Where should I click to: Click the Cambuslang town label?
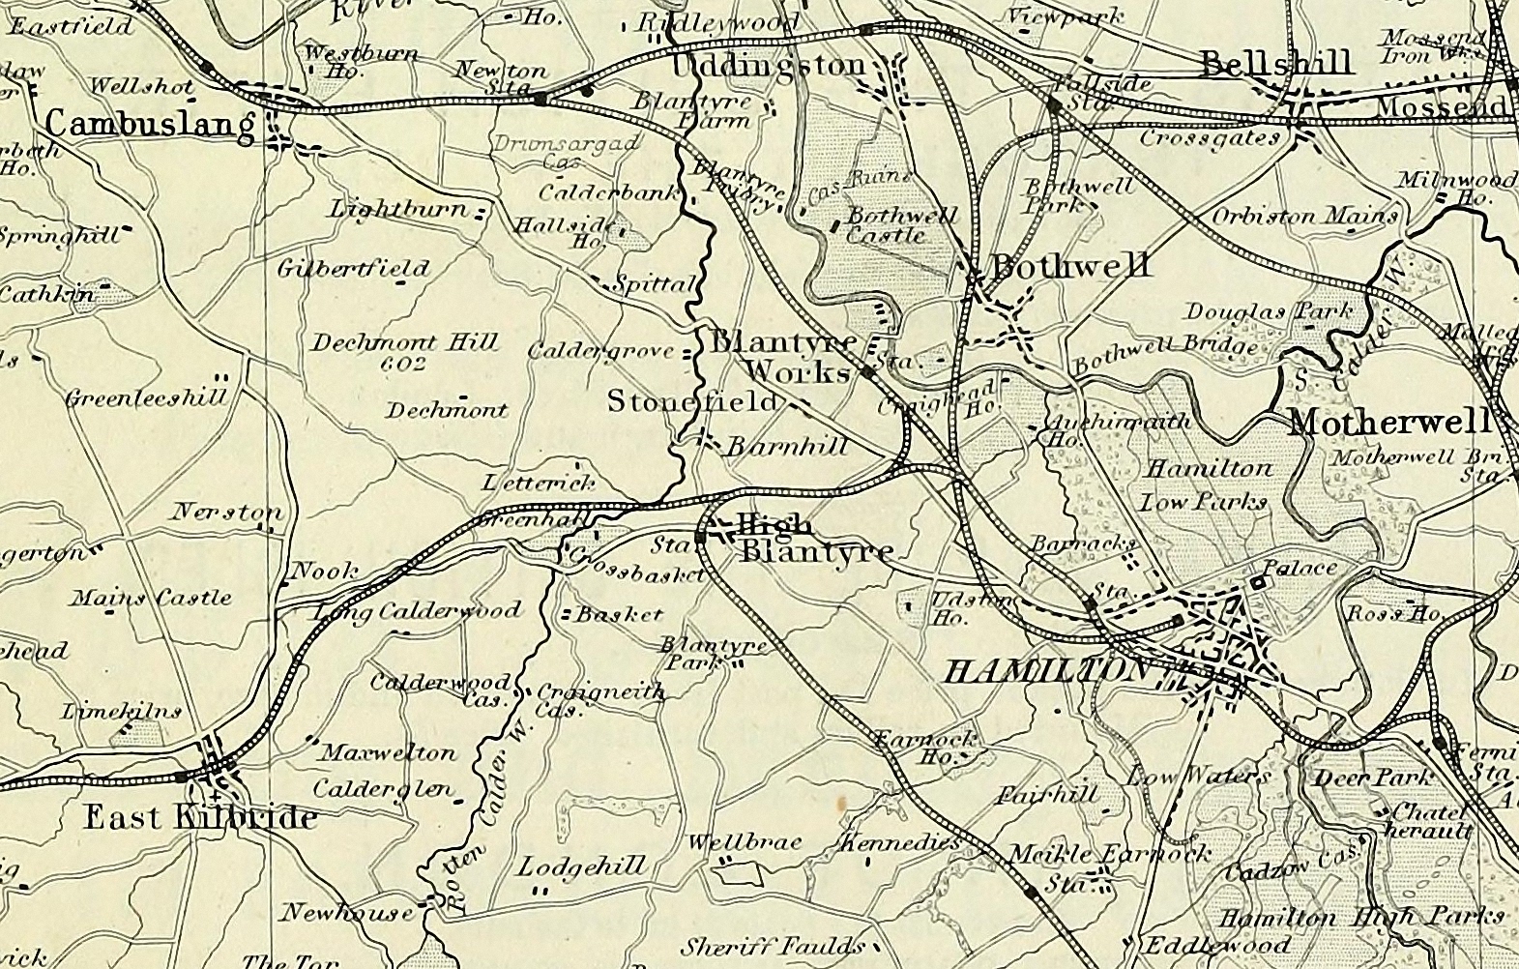[x=150, y=125]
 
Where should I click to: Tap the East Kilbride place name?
[x=200, y=818]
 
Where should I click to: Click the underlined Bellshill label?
[x=1275, y=65]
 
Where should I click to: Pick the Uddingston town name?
[x=769, y=66]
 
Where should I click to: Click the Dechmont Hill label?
[x=404, y=342]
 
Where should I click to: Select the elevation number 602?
[x=404, y=364]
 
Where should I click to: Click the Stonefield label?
[x=691, y=400]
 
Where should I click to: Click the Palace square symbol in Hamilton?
[x=1258, y=583]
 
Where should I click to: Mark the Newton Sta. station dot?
[x=540, y=99]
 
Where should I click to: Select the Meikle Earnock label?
[x=1108, y=854]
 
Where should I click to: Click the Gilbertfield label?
[x=353, y=269]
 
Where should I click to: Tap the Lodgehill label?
[x=580, y=866]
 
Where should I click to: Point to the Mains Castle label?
[x=152, y=598]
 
